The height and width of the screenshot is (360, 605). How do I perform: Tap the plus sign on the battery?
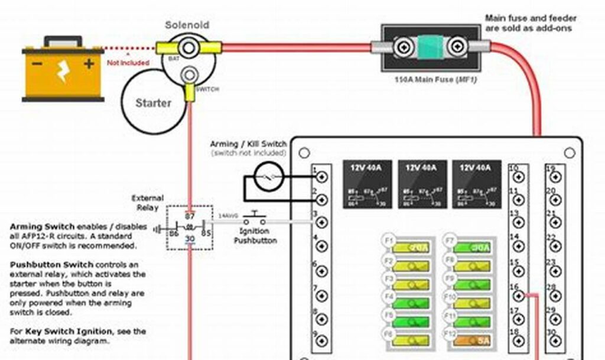[x=89, y=63]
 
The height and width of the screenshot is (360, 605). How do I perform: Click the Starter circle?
[x=152, y=102]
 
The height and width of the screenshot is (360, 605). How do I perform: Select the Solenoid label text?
[x=187, y=25]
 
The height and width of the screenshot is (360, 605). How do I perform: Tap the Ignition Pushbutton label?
[x=255, y=236]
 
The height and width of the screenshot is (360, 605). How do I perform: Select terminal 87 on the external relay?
[x=190, y=216]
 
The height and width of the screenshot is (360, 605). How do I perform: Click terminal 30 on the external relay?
[x=190, y=238]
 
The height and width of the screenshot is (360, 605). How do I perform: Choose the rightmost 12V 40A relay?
[x=475, y=184]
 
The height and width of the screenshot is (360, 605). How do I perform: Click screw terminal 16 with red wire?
[x=519, y=294]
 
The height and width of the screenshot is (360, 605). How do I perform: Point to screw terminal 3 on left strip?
[x=321, y=223]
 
